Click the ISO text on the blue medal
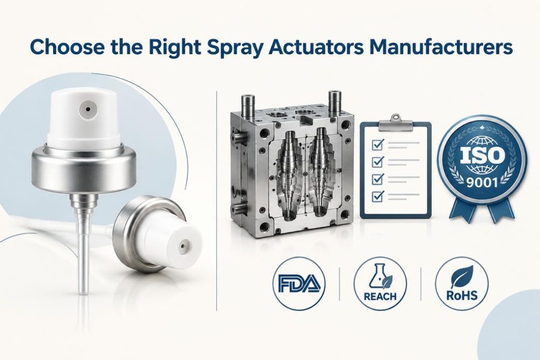coord(481,155)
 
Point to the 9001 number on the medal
coord(481,181)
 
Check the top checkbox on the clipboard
coord(378,144)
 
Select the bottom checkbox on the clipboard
coord(378,196)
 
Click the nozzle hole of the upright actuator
coord(88,110)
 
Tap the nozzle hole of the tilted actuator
coord(182,247)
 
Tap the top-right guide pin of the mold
coord(334,103)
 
